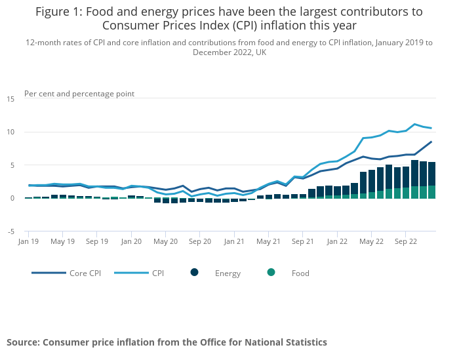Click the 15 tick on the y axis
(x=10, y=99)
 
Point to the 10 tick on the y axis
(x=10, y=132)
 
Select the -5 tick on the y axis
(x=10, y=231)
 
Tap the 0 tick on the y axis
(x=12, y=198)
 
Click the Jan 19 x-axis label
(x=28, y=241)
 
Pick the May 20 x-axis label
(x=165, y=241)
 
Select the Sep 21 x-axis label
(x=302, y=241)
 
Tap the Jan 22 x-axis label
(x=337, y=241)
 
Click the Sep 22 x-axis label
(x=405, y=241)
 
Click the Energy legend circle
(x=195, y=273)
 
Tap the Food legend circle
(x=271, y=273)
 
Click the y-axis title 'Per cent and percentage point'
(x=79, y=94)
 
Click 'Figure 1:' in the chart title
(x=59, y=12)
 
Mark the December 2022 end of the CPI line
(x=431, y=128)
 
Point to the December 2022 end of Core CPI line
(x=431, y=142)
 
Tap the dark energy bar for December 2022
(x=431, y=174)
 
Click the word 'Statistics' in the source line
(x=304, y=342)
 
